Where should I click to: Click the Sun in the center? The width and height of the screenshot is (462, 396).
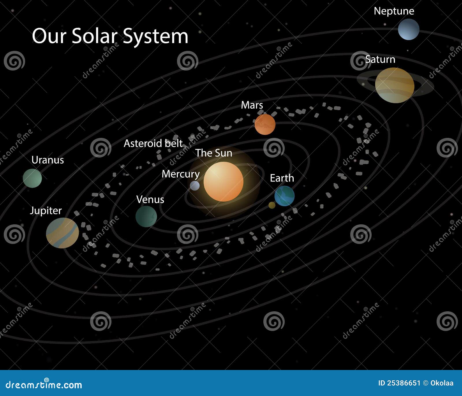click(x=223, y=182)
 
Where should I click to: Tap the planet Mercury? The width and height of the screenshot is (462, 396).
click(x=195, y=186)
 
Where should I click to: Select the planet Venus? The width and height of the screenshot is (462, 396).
click(x=146, y=216)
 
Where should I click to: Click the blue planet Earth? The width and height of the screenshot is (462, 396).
click(x=284, y=196)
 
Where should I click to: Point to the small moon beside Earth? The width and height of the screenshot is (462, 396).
click(x=272, y=205)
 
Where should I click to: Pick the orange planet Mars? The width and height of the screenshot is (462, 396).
click(x=265, y=124)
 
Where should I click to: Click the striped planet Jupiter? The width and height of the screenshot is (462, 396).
click(x=62, y=233)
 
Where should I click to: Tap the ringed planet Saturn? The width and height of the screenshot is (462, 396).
click(x=395, y=85)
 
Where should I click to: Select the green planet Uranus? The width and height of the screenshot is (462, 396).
click(x=32, y=178)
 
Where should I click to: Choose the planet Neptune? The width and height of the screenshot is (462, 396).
click(x=409, y=29)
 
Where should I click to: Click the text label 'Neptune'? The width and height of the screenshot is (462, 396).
click(x=394, y=11)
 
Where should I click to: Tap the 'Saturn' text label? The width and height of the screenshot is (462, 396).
click(x=380, y=59)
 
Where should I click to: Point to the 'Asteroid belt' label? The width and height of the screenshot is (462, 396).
click(x=153, y=143)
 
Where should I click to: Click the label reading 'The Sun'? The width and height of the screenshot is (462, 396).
click(x=214, y=153)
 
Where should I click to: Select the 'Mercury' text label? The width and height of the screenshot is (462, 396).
click(x=180, y=174)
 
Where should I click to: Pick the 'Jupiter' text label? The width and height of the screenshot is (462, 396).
click(x=46, y=210)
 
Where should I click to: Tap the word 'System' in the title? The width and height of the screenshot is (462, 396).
click(x=155, y=36)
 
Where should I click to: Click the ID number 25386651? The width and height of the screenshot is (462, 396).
click(x=403, y=383)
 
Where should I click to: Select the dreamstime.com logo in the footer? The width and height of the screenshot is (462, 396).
click(x=44, y=384)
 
